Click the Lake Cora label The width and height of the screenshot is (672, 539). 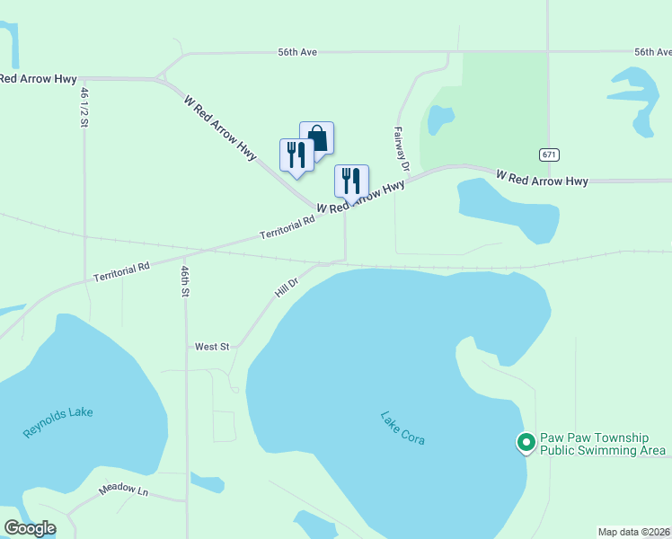click(402, 429)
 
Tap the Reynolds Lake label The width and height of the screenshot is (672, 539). click(57, 422)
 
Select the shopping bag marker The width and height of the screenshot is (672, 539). click(316, 137)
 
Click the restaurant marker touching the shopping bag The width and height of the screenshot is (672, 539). click(296, 155)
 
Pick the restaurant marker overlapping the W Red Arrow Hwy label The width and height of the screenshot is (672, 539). click(351, 180)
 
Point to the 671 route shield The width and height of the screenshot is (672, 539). click(549, 155)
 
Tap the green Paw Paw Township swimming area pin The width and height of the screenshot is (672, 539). click(525, 442)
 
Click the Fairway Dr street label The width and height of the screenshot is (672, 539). click(402, 149)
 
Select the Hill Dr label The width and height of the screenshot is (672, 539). click(286, 288)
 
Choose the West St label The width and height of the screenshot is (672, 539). click(213, 346)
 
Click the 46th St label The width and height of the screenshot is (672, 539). click(185, 281)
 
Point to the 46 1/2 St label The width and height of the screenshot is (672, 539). click(84, 107)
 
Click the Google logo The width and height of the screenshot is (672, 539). click(30, 528)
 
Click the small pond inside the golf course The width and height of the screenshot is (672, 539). click(440, 119)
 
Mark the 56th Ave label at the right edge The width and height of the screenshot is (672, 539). click(652, 53)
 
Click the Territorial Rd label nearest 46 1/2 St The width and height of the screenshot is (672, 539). click(121, 273)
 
